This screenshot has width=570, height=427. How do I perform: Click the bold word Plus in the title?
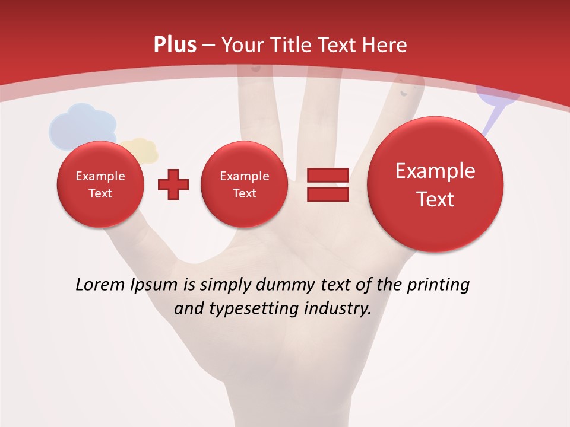tap(175, 45)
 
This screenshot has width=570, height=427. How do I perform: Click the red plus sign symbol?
tap(173, 184)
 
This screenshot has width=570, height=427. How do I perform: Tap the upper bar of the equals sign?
tap(327, 174)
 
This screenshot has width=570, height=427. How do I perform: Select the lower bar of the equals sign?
tap(327, 195)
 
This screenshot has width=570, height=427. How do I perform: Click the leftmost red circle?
tap(100, 184)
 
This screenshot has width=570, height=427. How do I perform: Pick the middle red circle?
tap(244, 184)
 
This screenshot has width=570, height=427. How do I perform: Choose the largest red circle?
tap(435, 184)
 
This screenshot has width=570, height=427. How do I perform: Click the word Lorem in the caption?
tap(100, 285)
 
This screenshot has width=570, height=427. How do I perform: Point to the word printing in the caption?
tap(438, 285)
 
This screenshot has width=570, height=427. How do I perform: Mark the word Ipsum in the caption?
tap(154, 285)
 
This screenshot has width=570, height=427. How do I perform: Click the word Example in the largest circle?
tap(435, 171)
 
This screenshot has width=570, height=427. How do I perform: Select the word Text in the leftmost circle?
tap(100, 193)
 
